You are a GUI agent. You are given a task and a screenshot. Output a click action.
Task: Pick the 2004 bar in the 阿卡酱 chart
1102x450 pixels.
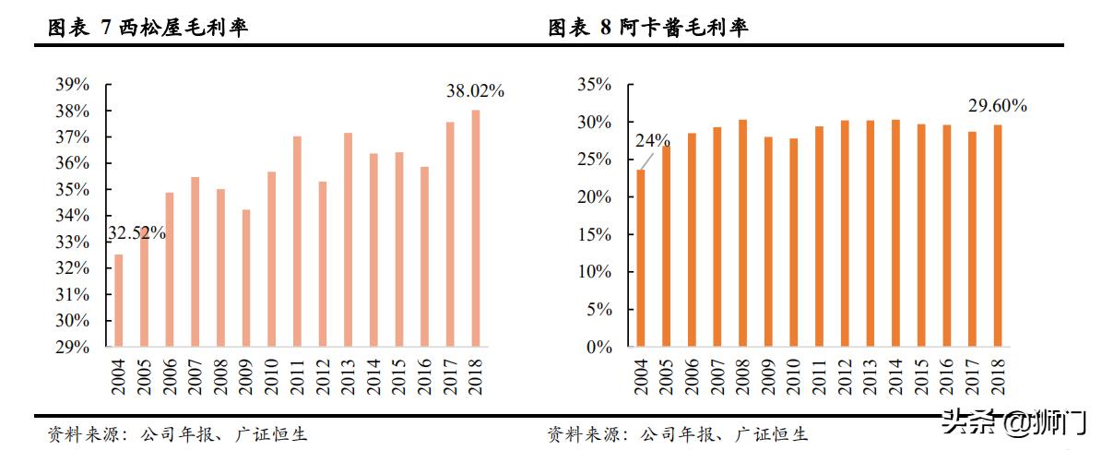[x=641, y=258]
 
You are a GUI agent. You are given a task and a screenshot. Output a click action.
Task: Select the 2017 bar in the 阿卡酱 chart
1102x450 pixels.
[x=972, y=239]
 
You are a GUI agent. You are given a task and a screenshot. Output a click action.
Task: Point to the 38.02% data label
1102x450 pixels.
[x=475, y=91]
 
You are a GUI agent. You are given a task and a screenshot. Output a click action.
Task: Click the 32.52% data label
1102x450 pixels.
[x=136, y=233]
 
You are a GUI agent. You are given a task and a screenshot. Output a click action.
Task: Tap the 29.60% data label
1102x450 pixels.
[x=997, y=106]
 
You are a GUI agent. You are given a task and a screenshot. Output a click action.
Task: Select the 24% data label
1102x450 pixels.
[x=652, y=141]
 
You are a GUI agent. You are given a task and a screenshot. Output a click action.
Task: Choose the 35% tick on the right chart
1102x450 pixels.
[x=594, y=85]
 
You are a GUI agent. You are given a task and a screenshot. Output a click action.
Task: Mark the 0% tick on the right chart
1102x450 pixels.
[x=599, y=348]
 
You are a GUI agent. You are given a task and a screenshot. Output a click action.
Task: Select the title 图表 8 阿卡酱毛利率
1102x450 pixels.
[x=648, y=29]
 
